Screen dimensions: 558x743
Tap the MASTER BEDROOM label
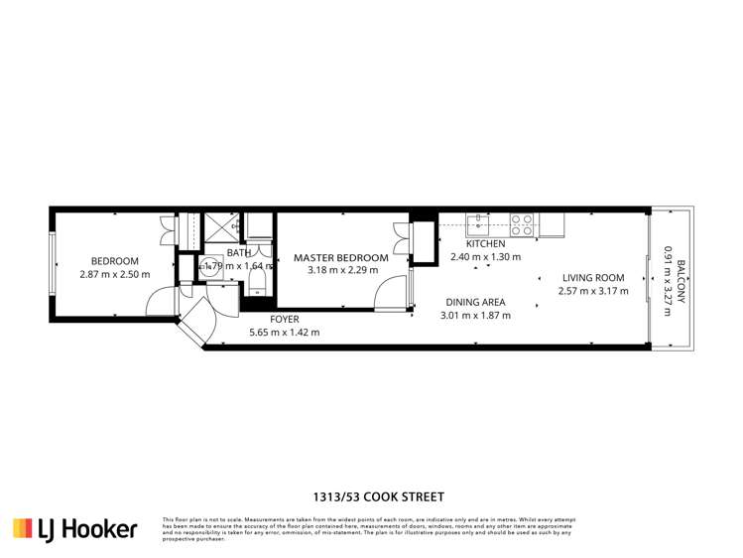340,257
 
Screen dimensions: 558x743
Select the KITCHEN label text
485,243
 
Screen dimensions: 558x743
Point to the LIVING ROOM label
592,278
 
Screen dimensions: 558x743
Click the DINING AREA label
474,302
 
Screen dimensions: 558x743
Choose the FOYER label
284,319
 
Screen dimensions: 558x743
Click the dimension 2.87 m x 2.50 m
114,274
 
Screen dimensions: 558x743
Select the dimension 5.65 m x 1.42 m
284,333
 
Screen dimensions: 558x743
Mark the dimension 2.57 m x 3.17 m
592,291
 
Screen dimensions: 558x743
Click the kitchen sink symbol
477,222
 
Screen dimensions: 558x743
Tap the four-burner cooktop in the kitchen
523,224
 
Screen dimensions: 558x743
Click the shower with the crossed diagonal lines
221,226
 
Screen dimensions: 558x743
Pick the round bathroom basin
210,266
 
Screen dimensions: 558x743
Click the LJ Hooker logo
74,528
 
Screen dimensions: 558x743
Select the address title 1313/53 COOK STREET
371,496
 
